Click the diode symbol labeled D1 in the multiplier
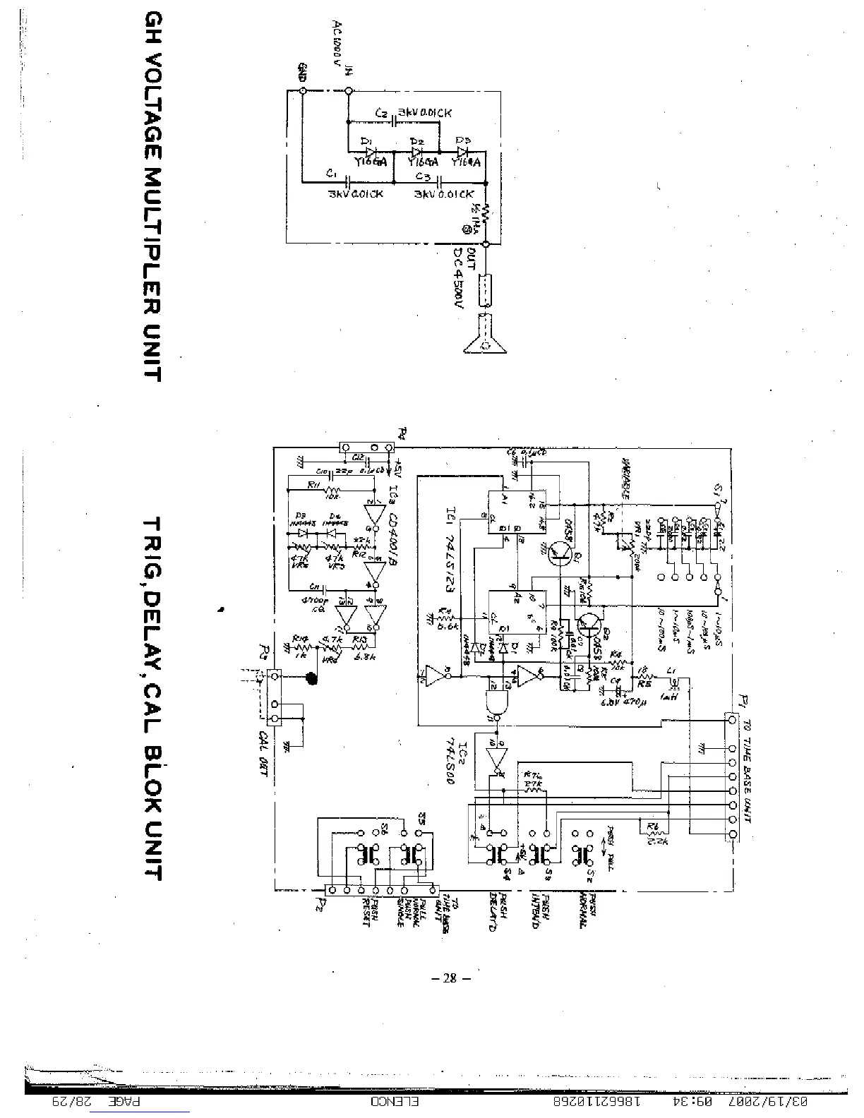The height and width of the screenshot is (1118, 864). point(372,152)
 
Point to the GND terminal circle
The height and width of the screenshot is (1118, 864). point(301,90)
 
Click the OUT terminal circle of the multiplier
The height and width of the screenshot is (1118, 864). point(484,244)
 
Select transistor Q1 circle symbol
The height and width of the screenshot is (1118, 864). point(562,553)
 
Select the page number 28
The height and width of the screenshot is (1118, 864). point(451,978)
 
